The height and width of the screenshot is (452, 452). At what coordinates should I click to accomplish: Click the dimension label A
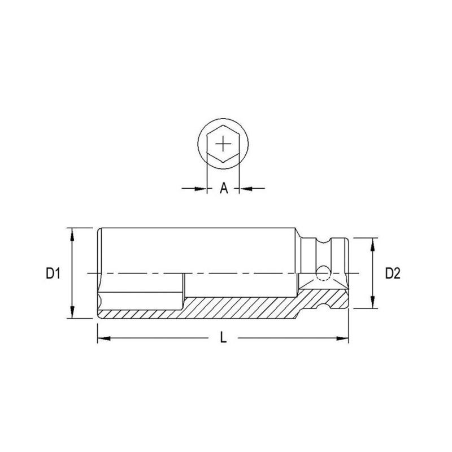pyautogui.click(x=224, y=189)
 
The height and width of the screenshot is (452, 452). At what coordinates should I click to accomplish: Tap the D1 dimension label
pyautogui.click(x=53, y=273)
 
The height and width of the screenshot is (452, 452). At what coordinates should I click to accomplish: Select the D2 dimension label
pyautogui.click(x=393, y=273)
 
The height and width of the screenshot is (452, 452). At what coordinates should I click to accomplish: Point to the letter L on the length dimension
pyautogui.click(x=223, y=337)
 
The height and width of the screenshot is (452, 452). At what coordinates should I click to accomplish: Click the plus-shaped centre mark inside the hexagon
pyautogui.click(x=223, y=144)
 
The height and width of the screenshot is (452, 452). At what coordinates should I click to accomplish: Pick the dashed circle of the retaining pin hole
pyautogui.click(x=323, y=273)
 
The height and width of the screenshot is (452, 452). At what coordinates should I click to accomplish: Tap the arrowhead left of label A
pyautogui.click(x=201, y=189)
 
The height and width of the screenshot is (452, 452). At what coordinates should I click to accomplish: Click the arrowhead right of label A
pyautogui.click(x=246, y=189)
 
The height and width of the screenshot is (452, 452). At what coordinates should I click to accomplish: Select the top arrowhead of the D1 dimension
pyautogui.click(x=72, y=234)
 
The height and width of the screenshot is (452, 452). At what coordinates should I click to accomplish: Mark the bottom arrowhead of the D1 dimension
pyautogui.click(x=72, y=312)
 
